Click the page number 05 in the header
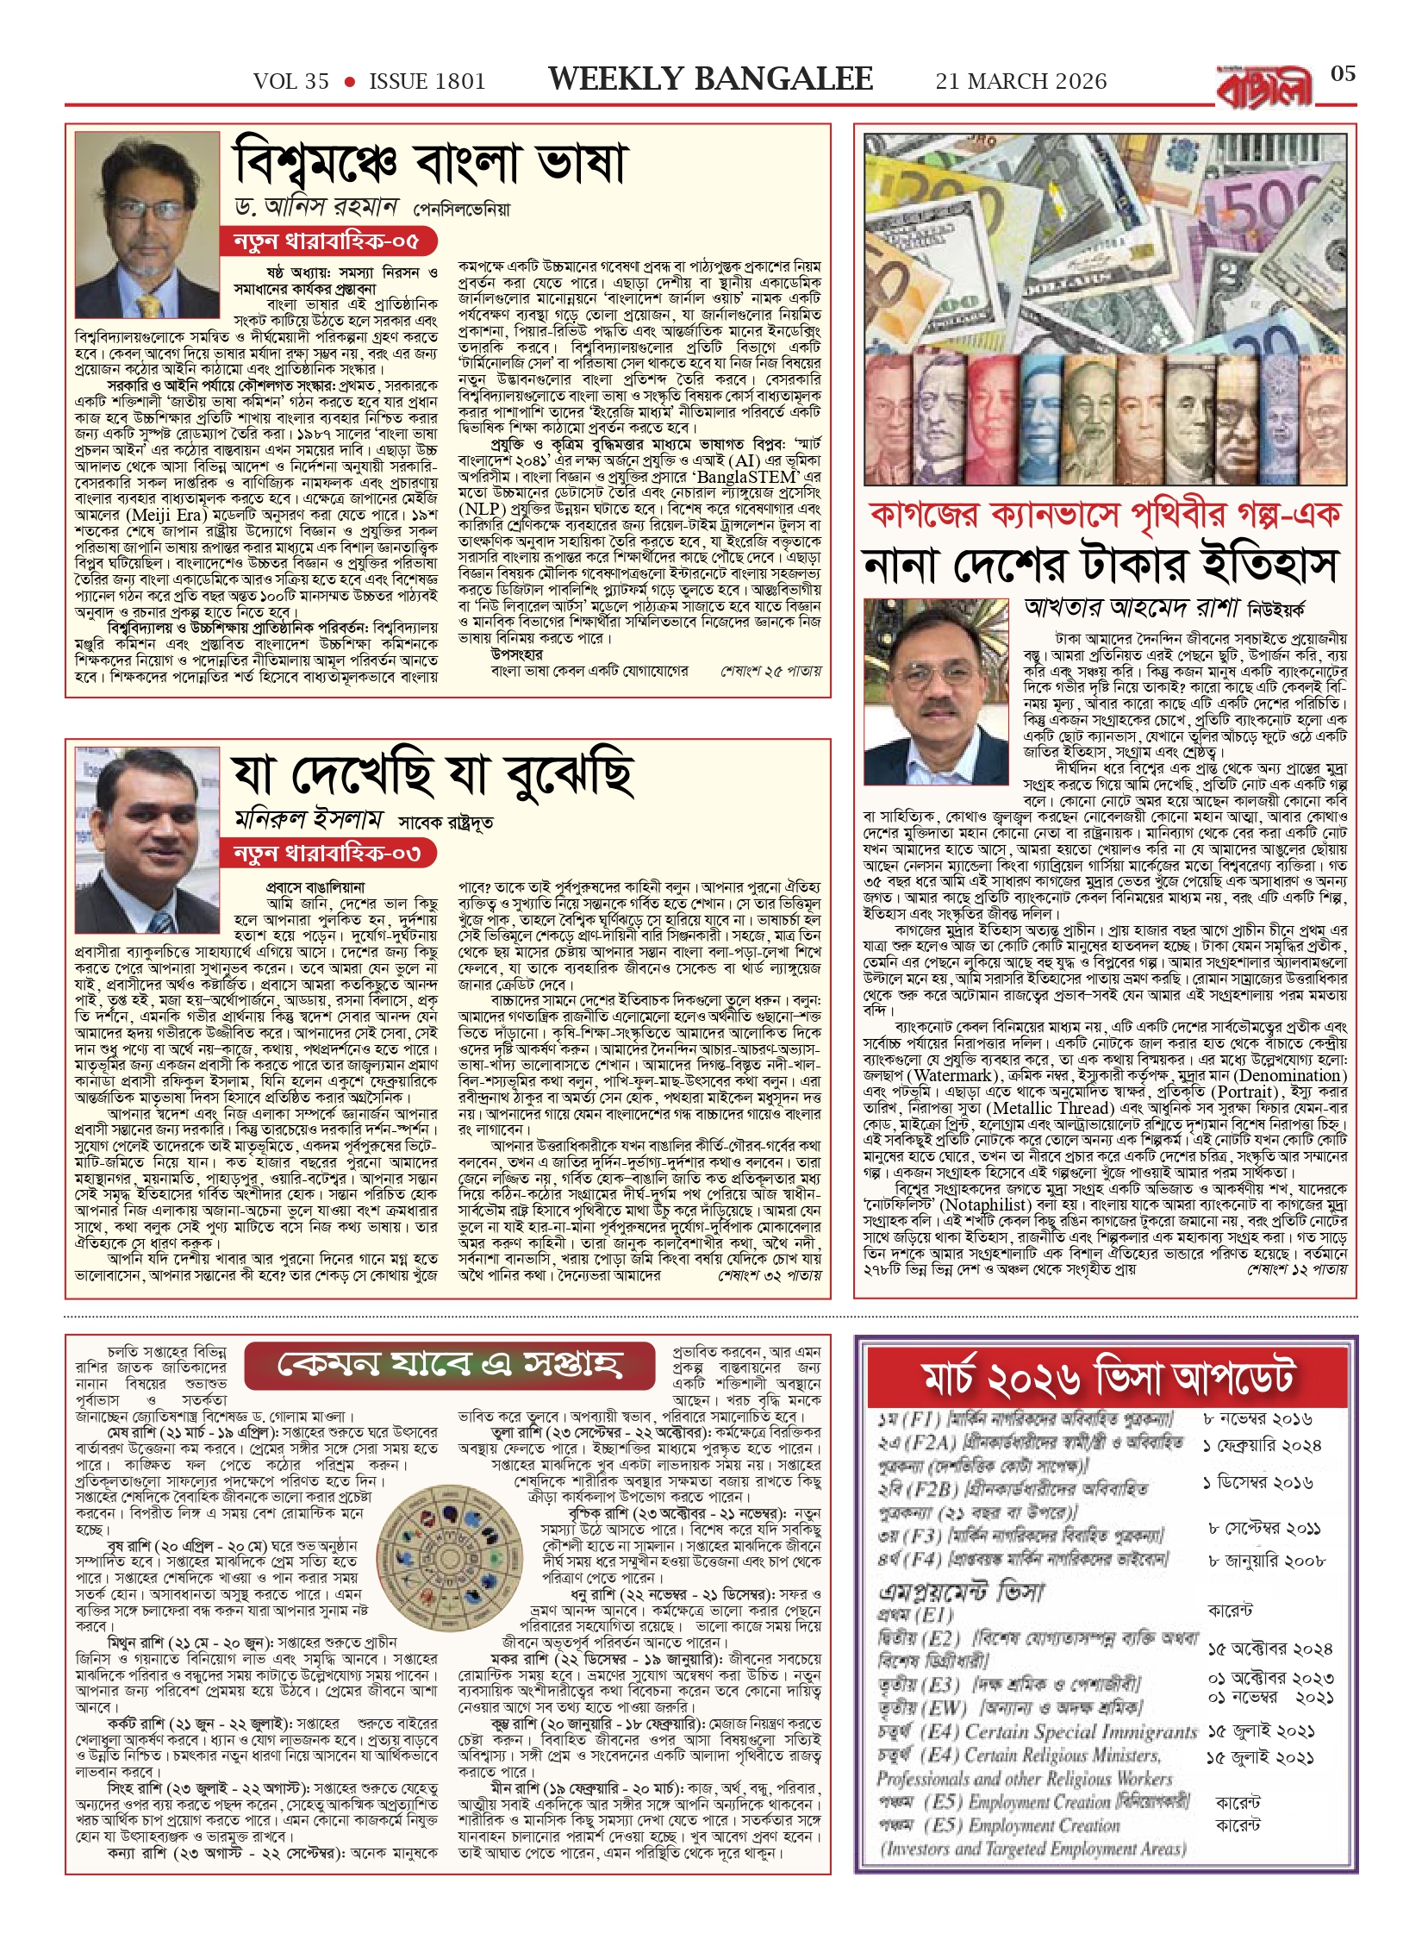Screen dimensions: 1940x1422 (x=1343, y=74)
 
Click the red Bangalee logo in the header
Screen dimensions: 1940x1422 (x=1264, y=87)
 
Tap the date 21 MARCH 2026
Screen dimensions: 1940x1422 (x=1020, y=81)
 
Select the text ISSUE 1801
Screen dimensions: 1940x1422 (x=427, y=81)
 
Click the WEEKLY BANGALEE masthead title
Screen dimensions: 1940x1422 (x=710, y=79)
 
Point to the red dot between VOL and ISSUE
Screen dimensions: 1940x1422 (x=349, y=82)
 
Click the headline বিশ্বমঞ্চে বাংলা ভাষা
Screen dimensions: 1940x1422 (x=431, y=162)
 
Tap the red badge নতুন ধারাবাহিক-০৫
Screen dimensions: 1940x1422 (x=326, y=241)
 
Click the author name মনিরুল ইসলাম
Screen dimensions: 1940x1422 (x=308, y=818)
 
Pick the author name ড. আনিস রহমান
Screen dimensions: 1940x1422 (x=315, y=207)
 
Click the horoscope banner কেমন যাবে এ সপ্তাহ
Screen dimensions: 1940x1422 (x=449, y=1363)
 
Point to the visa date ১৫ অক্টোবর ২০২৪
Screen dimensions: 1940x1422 (x=1269, y=1649)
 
